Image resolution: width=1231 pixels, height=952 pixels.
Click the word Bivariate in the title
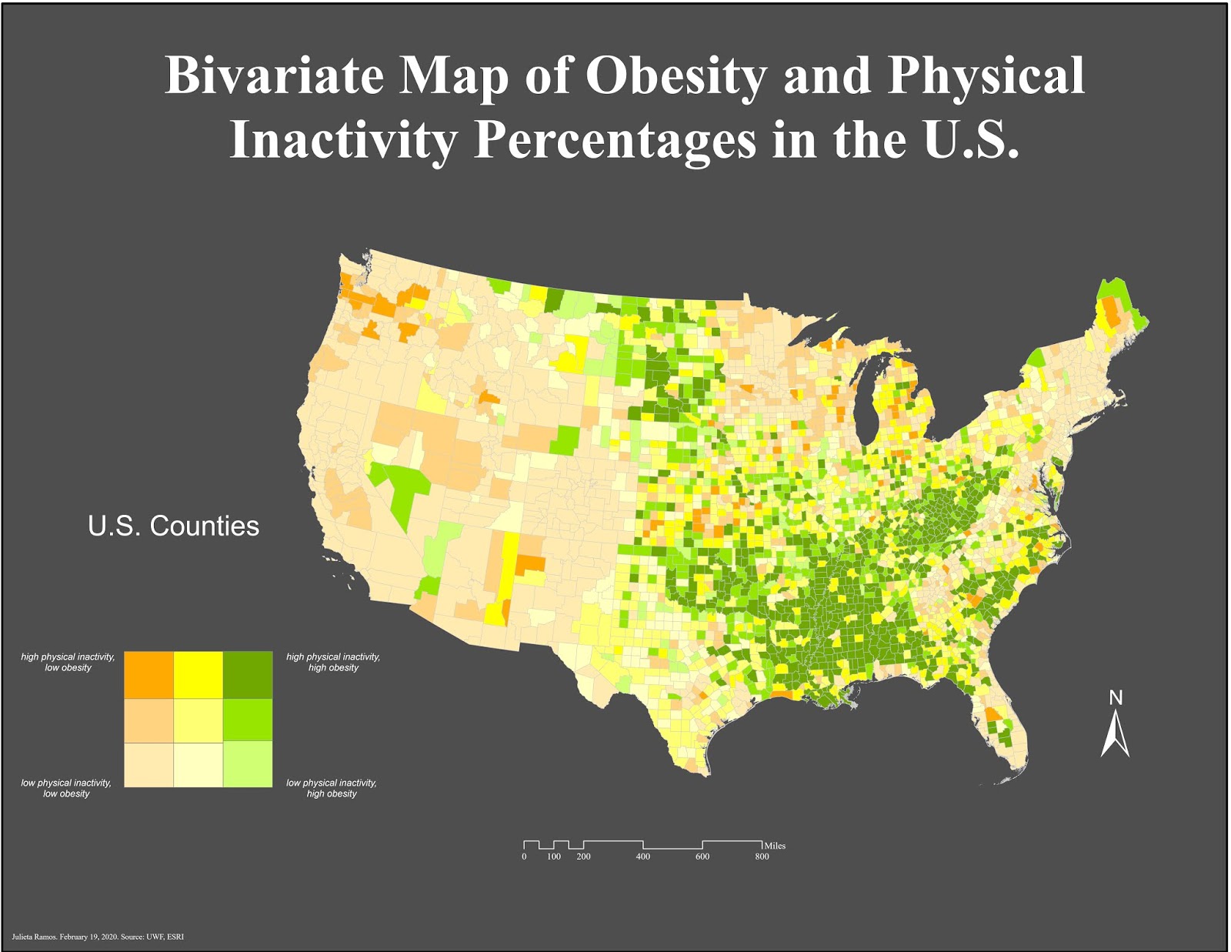274,75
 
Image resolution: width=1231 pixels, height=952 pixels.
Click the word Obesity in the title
676,75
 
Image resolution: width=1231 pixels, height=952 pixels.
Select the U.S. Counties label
173,526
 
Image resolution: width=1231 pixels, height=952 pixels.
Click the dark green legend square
248,674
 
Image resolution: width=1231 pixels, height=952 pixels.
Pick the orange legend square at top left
148,674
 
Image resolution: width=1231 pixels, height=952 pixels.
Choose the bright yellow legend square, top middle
198,674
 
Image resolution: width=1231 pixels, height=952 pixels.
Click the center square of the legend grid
198,720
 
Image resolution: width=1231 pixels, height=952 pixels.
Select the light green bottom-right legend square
248,763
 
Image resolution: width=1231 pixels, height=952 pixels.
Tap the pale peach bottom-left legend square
148,763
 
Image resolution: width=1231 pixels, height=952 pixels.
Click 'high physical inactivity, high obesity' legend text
333,662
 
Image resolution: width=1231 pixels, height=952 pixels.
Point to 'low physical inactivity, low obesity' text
66,788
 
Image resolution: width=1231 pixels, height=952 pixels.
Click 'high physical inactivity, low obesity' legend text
68,662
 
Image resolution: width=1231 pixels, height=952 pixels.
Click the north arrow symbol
1115,735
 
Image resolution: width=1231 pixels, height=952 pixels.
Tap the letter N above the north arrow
1116,697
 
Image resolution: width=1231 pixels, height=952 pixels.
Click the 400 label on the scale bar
642,857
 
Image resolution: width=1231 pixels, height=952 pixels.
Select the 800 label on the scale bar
762,857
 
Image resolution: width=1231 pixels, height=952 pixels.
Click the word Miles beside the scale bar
775,845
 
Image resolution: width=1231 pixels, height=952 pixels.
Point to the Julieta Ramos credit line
98,937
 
